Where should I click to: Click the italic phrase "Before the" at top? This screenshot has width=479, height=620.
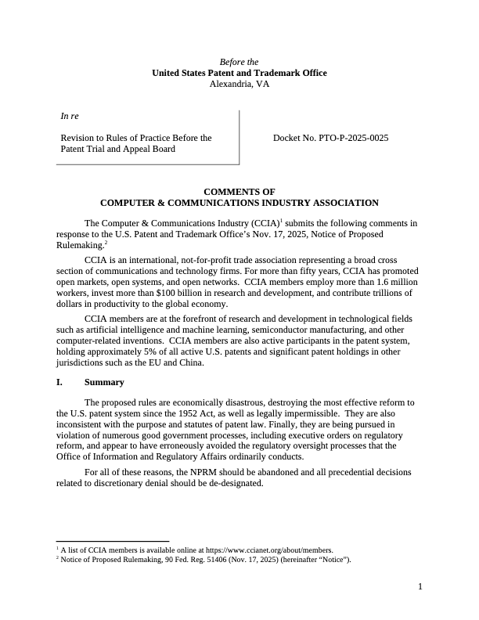[x=239, y=62]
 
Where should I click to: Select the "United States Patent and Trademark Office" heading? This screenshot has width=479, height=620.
[x=239, y=73]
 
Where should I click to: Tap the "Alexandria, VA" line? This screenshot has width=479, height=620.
[x=239, y=84]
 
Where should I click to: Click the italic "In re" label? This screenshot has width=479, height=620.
[x=70, y=117]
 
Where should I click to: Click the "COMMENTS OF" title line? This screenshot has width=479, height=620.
[x=239, y=191]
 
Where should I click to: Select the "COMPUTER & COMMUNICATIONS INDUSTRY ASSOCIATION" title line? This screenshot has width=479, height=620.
[x=239, y=202]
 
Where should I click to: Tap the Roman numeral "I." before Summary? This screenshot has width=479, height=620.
[x=59, y=382]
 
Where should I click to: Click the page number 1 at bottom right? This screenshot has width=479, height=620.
[x=420, y=586]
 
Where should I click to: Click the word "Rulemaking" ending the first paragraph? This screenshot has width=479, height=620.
[x=80, y=245]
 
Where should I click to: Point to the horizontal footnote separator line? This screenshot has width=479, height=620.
[x=113, y=541]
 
